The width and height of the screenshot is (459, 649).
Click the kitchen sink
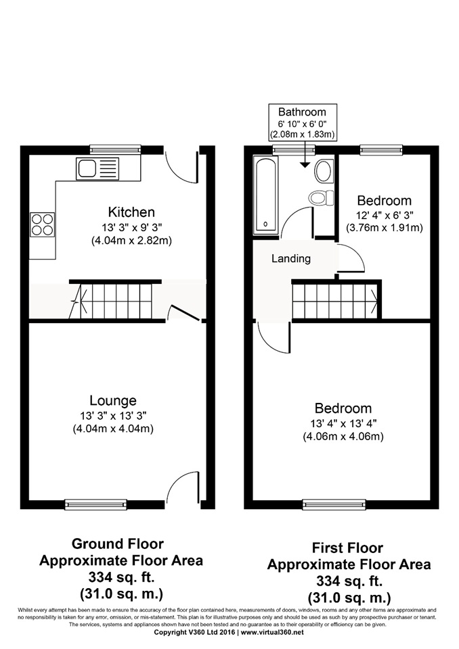(97, 169)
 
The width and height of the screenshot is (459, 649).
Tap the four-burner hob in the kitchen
(42, 224)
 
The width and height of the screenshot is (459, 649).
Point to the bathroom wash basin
(324, 171)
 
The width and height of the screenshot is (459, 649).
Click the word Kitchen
(131, 212)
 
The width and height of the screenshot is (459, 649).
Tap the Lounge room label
(113, 400)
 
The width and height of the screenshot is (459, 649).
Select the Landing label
(291, 259)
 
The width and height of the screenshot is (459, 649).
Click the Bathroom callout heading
(302, 112)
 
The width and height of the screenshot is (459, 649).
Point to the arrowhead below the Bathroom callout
(305, 165)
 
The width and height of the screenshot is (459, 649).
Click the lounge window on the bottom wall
(95, 504)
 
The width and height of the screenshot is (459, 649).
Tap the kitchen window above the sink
(115, 149)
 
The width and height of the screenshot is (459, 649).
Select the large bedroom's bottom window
(334, 504)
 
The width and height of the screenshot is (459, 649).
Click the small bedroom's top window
(381, 149)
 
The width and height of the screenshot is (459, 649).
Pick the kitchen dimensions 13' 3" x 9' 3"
(131, 227)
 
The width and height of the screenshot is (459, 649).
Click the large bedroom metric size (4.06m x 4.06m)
(343, 436)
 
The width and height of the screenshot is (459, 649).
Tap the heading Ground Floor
(118, 544)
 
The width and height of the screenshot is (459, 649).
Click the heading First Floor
(347, 548)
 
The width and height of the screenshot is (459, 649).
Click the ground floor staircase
(116, 300)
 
